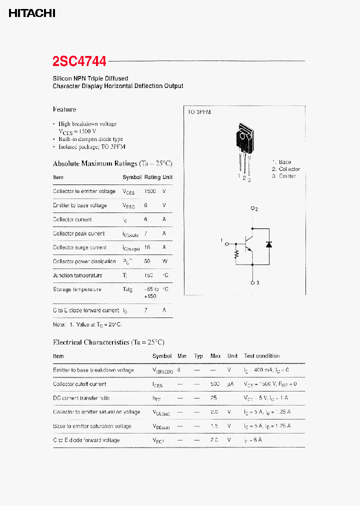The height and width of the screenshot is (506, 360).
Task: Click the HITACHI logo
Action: coord(31,14)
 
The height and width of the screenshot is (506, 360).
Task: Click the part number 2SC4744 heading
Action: coord(79,61)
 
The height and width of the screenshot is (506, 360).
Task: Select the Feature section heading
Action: coord(64,109)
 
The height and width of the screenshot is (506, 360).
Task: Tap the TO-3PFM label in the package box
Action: coord(199,112)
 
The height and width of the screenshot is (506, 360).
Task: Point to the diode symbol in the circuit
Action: coord(269,244)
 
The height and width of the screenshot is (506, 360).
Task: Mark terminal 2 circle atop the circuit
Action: coord(252,209)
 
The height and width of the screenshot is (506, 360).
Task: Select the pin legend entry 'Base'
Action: coord(284,162)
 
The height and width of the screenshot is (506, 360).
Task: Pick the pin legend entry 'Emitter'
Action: coord(287,176)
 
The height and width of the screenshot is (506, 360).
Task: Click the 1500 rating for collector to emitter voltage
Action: coord(150,191)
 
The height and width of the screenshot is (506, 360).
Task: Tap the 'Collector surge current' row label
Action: coord(79,247)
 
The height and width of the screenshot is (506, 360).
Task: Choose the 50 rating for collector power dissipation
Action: coord(147,261)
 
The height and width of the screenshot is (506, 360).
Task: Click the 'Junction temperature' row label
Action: coord(77,275)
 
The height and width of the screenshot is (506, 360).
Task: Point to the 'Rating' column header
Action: coord(152,177)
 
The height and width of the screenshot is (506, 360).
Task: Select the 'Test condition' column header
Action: coord(261,356)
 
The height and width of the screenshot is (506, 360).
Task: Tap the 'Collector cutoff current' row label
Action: coord(79,384)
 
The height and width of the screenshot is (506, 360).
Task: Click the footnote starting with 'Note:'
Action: coord(87,324)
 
